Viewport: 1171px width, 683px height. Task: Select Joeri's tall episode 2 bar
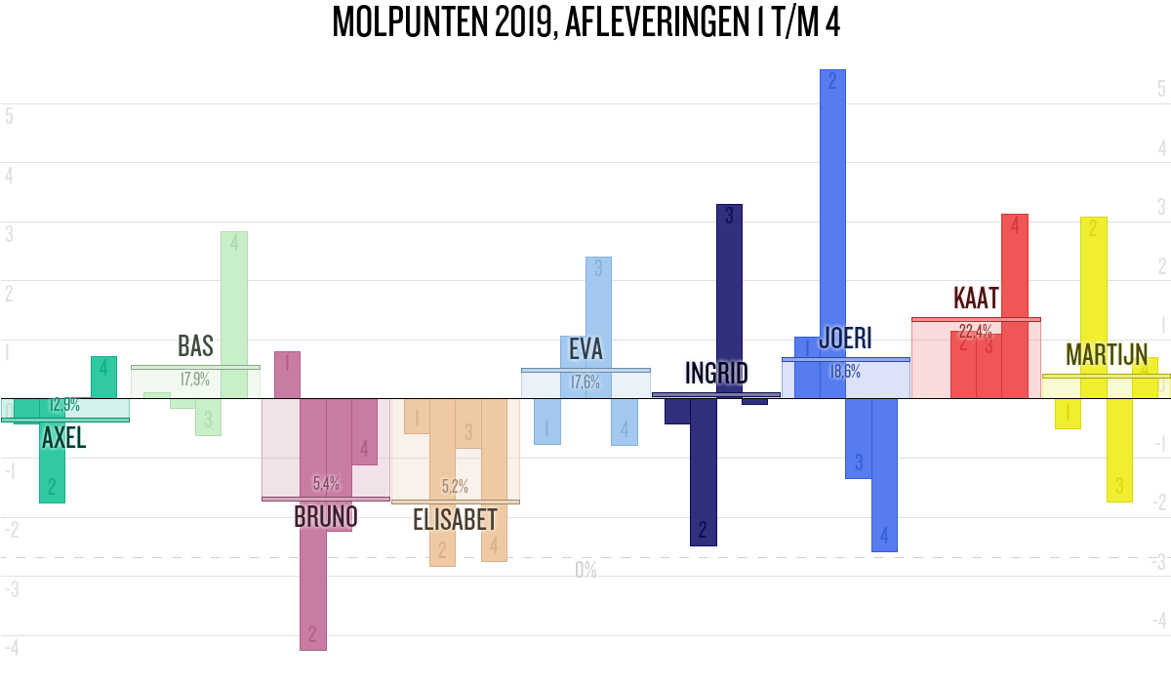[x=832, y=234]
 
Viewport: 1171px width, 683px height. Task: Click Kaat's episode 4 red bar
[x=1015, y=306]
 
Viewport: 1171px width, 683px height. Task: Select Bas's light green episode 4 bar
[x=234, y=314]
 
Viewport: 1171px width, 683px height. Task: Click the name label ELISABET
[x=455, y=520]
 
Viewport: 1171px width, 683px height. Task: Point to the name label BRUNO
[x=326, y=516]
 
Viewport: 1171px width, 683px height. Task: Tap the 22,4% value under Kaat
[x=976, y=330]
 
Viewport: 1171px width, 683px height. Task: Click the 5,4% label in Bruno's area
[x=326, y=483]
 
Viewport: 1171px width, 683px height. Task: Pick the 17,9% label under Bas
[x=195, y=380]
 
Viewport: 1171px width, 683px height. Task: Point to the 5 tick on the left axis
[x=9, y=116]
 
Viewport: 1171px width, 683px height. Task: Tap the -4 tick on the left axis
[x=12, y=648]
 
